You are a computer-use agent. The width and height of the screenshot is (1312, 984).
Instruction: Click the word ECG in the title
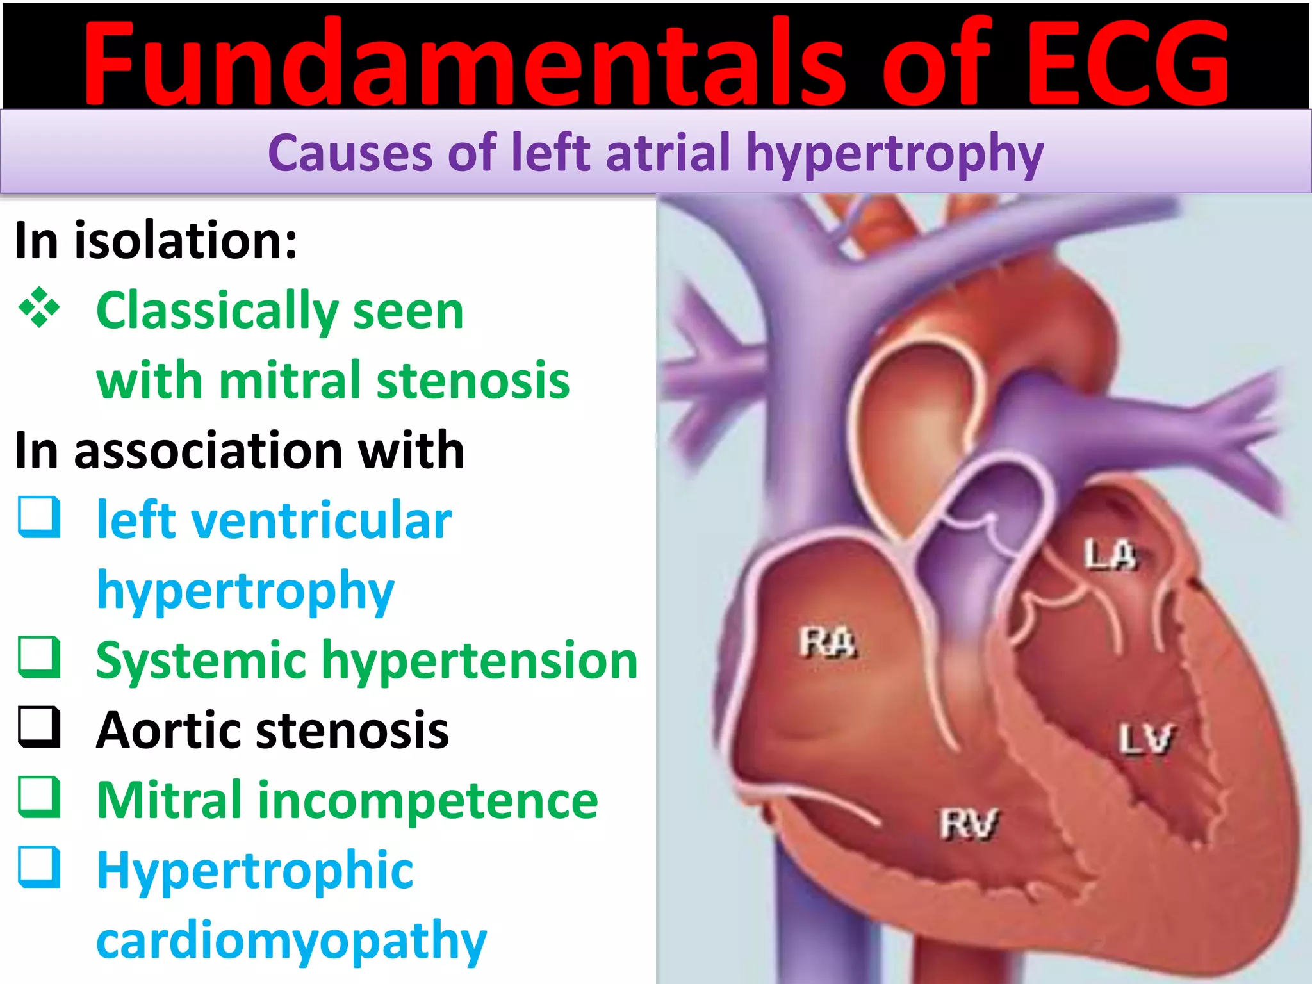1127,64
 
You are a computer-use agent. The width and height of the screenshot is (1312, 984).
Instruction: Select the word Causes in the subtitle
350,153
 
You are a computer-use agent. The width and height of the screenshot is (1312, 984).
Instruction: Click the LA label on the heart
1110,555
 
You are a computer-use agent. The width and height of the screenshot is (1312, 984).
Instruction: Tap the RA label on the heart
827,642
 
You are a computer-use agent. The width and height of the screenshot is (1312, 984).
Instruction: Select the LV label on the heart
1146,739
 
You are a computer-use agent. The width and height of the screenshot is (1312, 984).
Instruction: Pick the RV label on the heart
969,824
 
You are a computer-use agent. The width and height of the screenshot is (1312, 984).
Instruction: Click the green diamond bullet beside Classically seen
40,307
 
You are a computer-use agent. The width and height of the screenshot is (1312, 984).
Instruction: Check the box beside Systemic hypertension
40,657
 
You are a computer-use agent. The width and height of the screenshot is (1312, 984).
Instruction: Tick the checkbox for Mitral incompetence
40,798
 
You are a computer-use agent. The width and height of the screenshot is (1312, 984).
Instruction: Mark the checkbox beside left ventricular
40,517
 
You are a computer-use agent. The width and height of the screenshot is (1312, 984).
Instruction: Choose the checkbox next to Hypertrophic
40,867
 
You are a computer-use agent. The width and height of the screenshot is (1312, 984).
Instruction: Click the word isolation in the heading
186,240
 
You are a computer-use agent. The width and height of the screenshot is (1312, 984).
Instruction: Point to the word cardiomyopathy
291,940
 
